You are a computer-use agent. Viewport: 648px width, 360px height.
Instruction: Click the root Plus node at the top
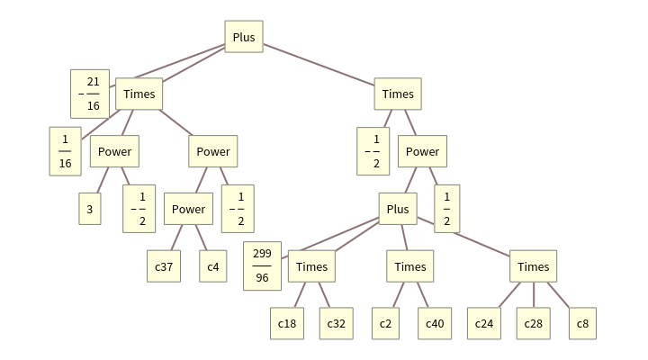coord(244,37)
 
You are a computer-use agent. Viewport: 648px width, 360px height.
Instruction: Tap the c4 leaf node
coord(213,266)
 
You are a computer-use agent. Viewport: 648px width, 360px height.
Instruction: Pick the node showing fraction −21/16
coord(90,94)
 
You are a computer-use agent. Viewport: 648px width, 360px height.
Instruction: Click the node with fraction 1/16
coord(65,151)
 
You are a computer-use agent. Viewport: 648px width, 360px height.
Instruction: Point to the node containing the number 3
coord(89,209)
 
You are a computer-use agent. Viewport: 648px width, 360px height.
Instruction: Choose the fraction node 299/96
coord(263,266)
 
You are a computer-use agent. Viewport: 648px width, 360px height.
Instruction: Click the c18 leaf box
coord(287,324)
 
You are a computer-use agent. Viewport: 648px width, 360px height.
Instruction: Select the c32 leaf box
coord(336,324)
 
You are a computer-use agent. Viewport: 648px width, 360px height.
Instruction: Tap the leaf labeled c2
coord(385,324)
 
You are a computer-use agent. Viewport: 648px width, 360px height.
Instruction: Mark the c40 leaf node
coord(435,324)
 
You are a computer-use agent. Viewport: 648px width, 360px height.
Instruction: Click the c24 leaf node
coord(484,324)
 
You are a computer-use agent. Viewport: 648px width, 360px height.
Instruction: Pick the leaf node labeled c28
coord(534,324)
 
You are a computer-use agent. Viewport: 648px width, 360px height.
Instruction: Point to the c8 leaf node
coord(582,324)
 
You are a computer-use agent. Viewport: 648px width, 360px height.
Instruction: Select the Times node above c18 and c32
coord(311,266)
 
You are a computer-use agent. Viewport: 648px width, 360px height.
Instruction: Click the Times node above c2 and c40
coord(410,266)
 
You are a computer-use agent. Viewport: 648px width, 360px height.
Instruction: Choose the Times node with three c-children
coord(534,266)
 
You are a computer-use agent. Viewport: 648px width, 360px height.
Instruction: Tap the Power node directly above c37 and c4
coord(188,209)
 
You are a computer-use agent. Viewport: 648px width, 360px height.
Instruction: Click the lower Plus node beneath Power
coord(398,209)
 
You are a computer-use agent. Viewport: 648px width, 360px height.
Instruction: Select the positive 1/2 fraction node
coord(447,209)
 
